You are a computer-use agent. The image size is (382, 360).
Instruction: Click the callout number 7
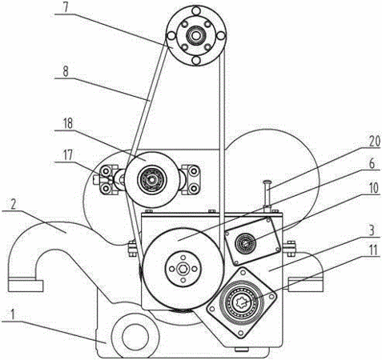[66, 7]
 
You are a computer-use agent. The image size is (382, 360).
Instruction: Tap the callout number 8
[65, 71]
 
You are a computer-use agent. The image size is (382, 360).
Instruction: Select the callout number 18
[67, 124]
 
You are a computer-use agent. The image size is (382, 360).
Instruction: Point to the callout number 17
[67, 154]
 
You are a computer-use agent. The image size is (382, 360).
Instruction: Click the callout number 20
[374, 142]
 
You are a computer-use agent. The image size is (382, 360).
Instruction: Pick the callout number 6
[372, 164]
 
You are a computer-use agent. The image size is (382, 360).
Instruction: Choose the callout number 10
[373, 188]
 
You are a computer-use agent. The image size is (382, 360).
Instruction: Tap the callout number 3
[372, 230]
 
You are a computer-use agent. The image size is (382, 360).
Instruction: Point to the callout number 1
[12, 315]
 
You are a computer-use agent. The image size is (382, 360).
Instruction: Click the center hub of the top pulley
[196, 35]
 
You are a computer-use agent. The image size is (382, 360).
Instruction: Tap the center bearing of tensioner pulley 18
[151, 179]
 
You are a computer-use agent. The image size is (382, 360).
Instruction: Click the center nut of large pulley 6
[183, 269]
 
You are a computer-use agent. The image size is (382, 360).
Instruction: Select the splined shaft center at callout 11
[242, 302]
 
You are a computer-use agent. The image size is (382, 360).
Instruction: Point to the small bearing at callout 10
[244, 243]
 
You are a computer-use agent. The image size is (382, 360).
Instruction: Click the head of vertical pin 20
[267, 182]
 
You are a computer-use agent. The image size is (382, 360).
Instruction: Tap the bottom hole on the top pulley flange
[196, 61]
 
